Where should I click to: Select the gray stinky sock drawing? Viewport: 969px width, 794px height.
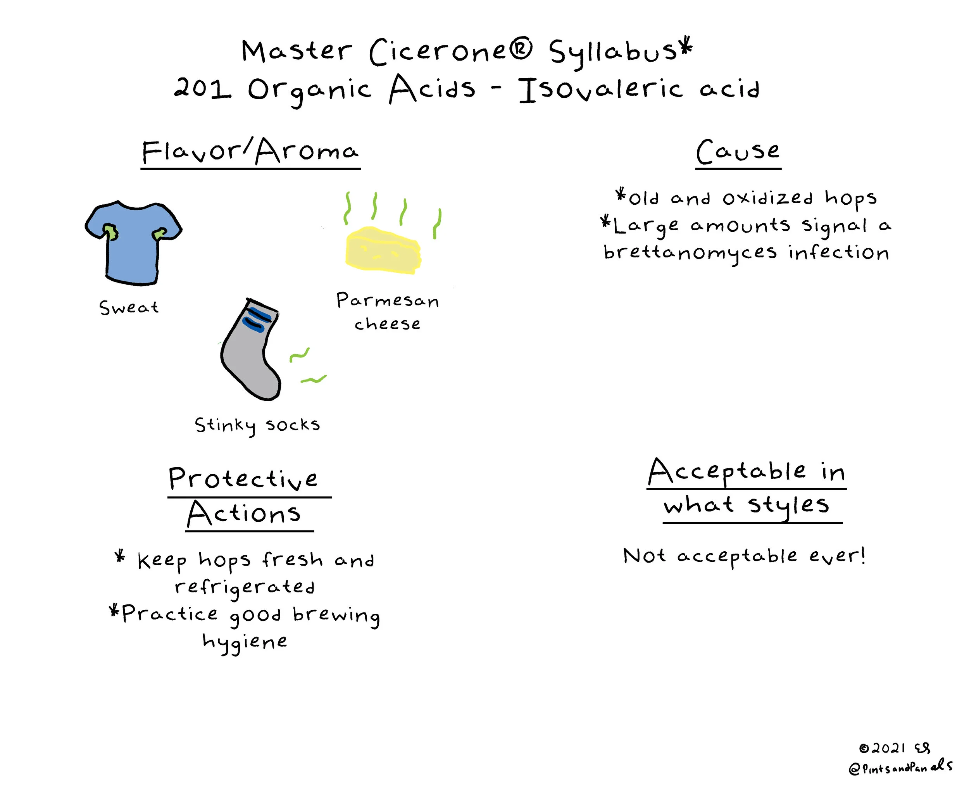pos(249,357)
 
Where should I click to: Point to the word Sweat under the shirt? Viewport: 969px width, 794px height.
pos(129,307)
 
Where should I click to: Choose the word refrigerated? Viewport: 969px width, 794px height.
pos(245,587)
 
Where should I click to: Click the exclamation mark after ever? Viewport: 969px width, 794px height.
pos(862,555)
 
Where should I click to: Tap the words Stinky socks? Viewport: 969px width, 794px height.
pos(257,425)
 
